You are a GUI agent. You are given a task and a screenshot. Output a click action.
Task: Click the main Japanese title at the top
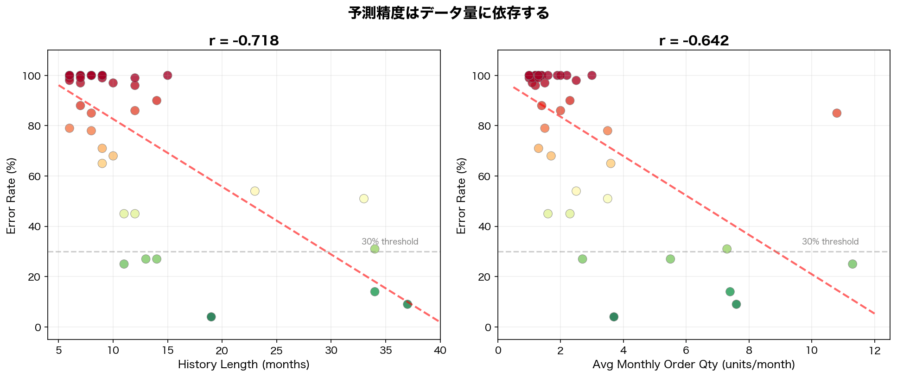click(448, 13)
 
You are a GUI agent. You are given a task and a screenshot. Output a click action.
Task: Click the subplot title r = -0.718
click(244, 41)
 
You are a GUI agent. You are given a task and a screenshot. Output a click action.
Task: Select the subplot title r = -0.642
click(693, 41)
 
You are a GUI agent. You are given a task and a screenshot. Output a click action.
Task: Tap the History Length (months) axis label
click(243, 364)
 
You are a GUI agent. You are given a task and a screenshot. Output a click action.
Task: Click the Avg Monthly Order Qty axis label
click(693, 364)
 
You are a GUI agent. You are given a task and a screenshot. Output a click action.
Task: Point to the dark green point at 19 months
click(211, 317)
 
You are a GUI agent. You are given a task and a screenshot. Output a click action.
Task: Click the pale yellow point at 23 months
click(254, 191)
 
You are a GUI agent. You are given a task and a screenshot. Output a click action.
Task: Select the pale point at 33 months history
click(364, 199)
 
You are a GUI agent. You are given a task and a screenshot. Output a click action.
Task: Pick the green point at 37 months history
click(407, 304)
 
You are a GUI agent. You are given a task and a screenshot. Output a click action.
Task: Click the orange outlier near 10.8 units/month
click(837, 113)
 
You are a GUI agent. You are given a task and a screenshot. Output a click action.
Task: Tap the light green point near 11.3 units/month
click(852, 264)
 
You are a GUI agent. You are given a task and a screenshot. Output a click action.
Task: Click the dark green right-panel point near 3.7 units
click(614, 317)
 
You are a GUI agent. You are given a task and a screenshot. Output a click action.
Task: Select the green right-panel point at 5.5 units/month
click(670, 259)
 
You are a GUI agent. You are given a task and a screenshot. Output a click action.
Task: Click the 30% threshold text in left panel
click(390, 242)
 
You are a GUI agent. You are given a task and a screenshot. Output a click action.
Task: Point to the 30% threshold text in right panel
click(830, 242)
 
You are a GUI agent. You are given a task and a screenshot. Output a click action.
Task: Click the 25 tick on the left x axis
click(276, 351)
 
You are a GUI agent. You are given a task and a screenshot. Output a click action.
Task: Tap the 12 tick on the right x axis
click(874, 351)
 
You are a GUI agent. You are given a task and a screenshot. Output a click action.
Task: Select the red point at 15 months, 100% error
click(167, 75)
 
